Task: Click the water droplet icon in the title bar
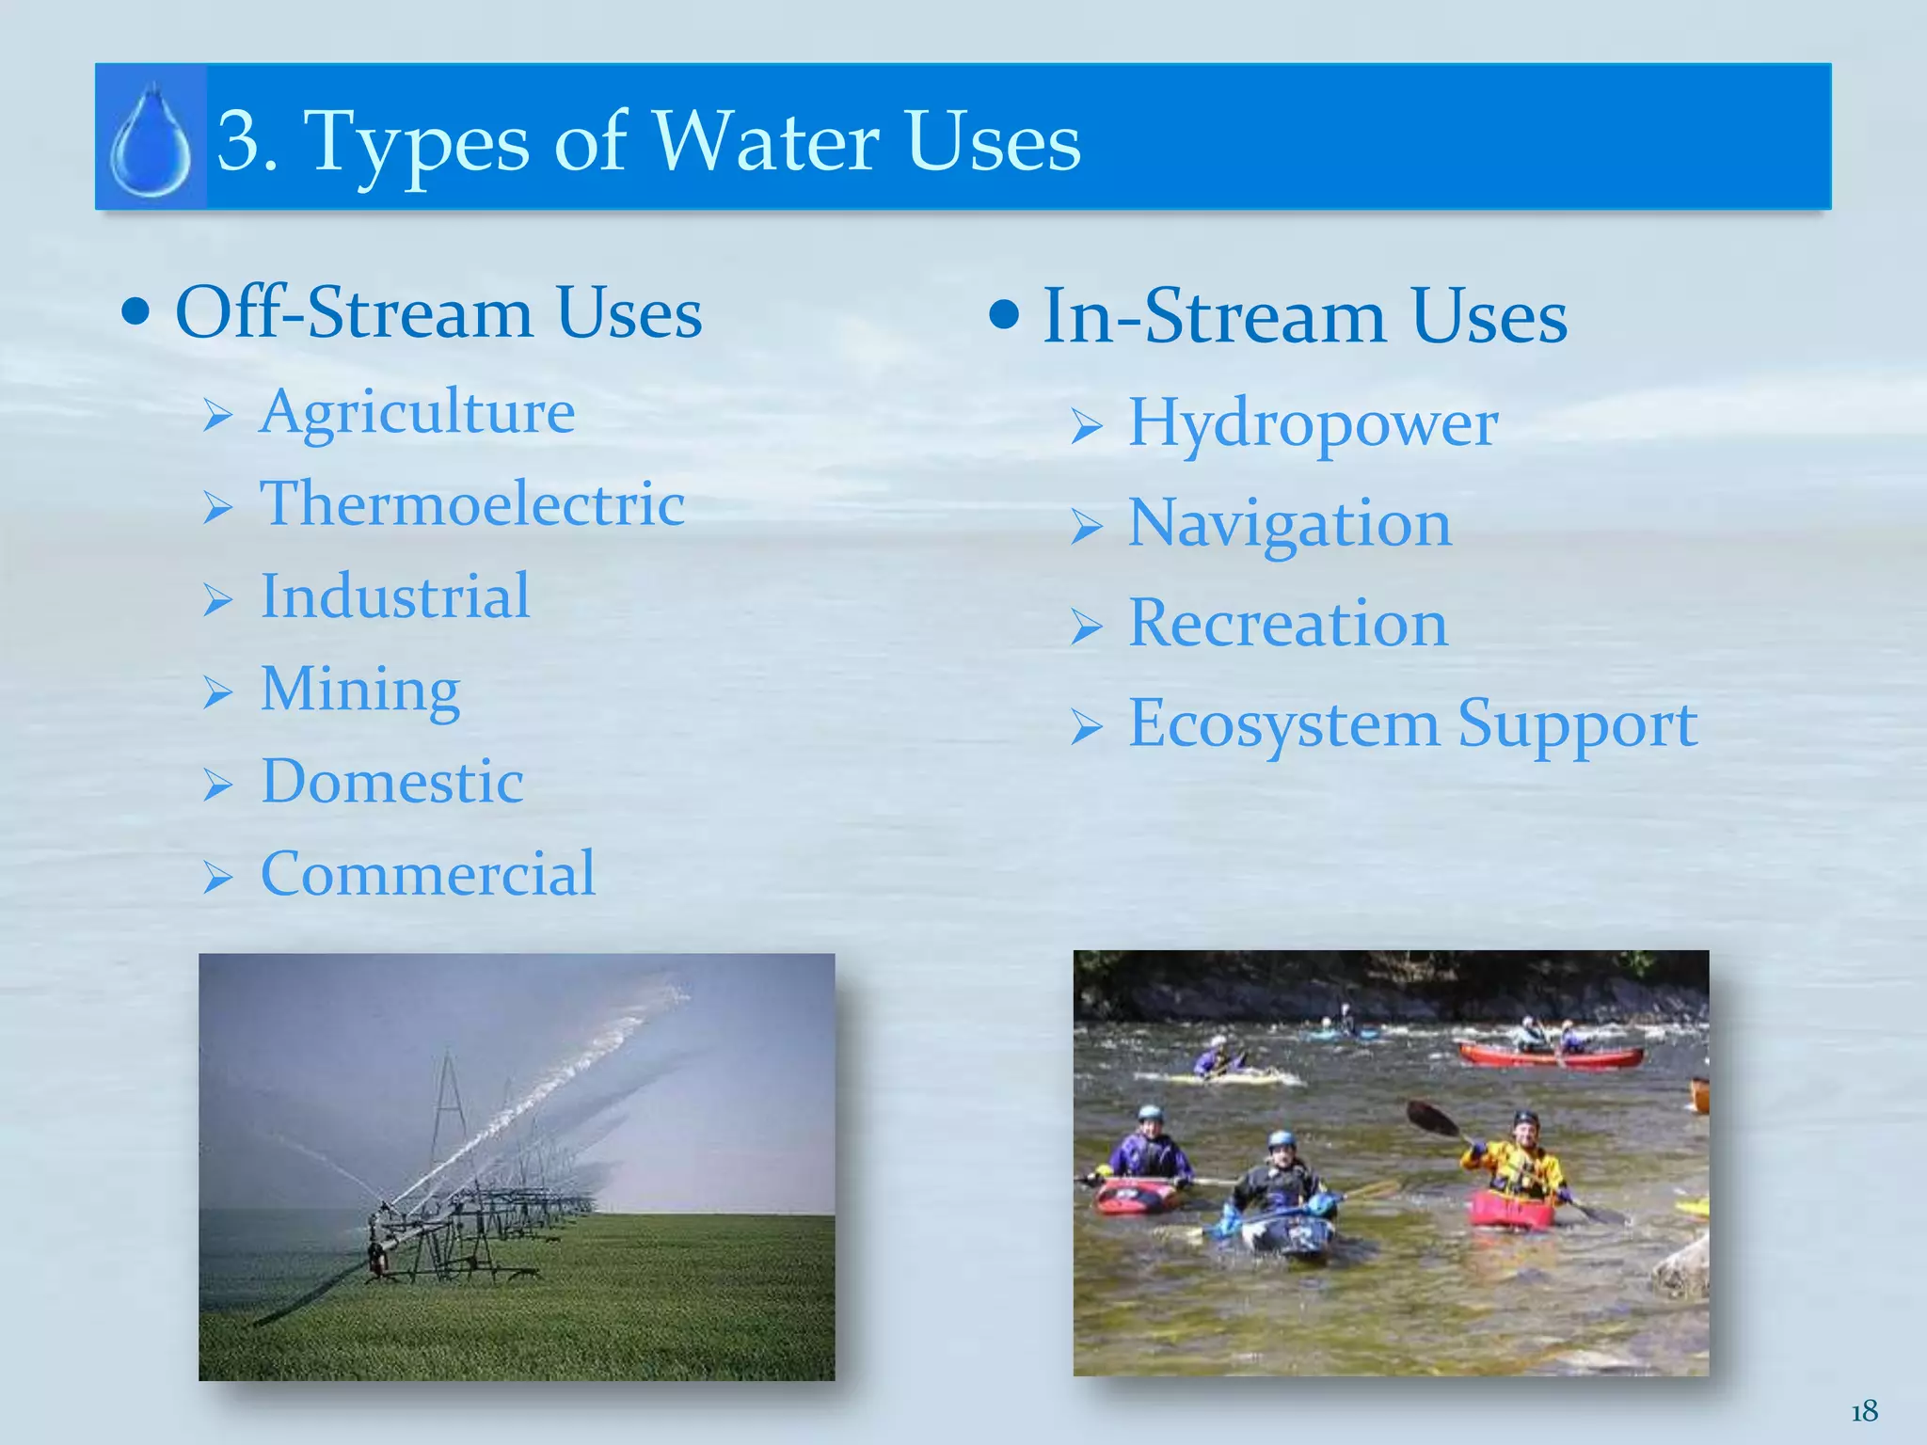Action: pyautogui.click(x=151, y=141)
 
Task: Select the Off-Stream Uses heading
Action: pyautogui.click(x=438, y=312)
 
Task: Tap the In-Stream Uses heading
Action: pyautogui.click(x=1304, y=317)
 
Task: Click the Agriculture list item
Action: pyautogui.click(x=417, y=412)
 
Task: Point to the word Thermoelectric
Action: pyautogui.click(x=472, y=503)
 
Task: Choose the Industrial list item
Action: pyautogui.click(x=395, y=596)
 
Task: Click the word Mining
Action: pyautogui.click(x=360, y=690)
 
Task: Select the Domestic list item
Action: pyautogui.click(x=392, y=782)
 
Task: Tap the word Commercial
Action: pyautogui.click(x=428, y=874)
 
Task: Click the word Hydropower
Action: pyautogui.click(x=1313, y=423)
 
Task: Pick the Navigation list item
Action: pyautogui.click(x=1289, y=524)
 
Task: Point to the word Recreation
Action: pyautogui.click(x=1287, y=624)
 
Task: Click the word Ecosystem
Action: pyautogui.click(x=1283, y=724)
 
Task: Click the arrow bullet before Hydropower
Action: pyautogui.click(x=1087, y=427)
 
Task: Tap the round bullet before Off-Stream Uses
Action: pyautogui.click(x=136, y=313)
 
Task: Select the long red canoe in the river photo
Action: pyautogui.click(x=1550, y=1056)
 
